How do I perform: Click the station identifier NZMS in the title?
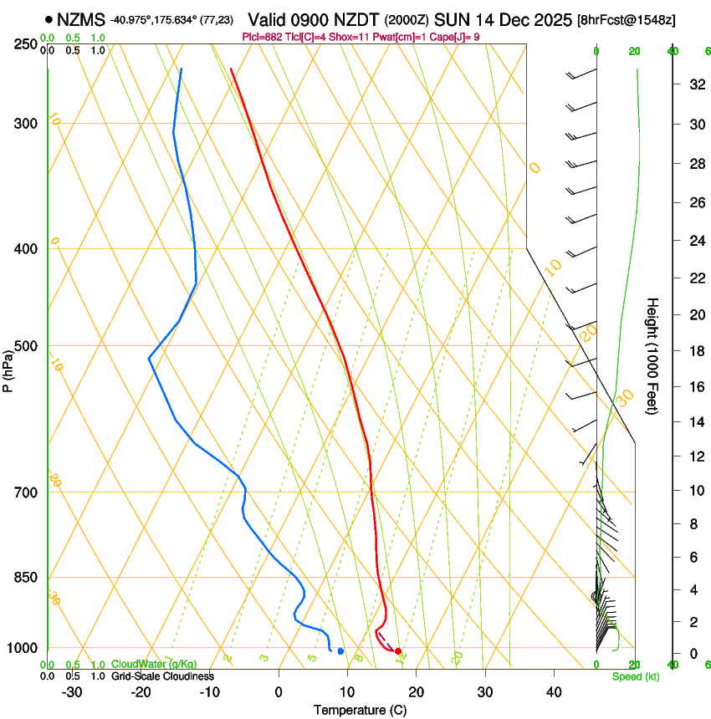[81, 19]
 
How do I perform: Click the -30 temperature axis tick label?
[72, 692]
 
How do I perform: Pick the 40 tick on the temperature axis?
[554, 692]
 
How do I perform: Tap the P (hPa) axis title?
[8, 369]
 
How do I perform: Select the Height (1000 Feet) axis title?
[653, 356]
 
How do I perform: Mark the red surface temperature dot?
[398, 650]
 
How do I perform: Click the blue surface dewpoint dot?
[340, 650]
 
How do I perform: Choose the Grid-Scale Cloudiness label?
[162, 676]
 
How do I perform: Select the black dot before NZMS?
[49, 19]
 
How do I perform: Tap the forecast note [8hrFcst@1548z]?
[627, 20]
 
